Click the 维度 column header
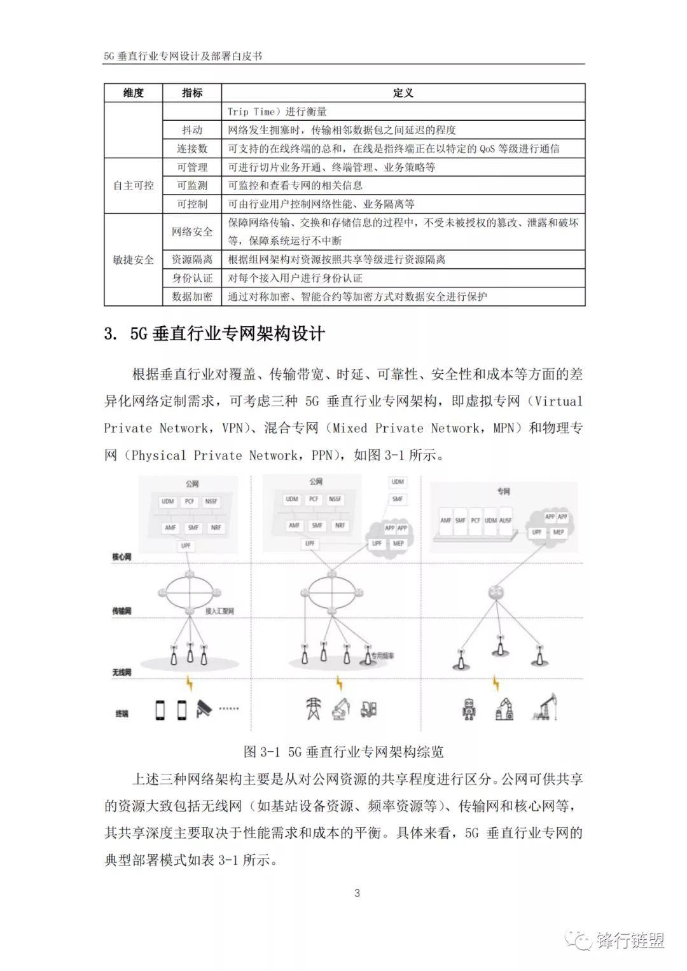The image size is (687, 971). tap(134, 93)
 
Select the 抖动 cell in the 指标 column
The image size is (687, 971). tap(192, 130)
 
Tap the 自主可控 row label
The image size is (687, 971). tap(134, 186)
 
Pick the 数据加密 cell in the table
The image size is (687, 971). tap(192, 296)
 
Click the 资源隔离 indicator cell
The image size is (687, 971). tap(192, 259)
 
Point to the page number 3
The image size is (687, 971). tap(357, 893)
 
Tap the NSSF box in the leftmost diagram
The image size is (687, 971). tap(211, 502)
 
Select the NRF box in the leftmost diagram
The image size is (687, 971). tap(216, 527)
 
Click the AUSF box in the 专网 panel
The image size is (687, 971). tap(505, 520)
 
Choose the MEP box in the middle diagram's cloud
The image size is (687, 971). tap(399, 544)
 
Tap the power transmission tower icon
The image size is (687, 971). tap(314, 708)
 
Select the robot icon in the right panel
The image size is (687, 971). tap(469, 708)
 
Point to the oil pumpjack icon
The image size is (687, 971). tap(545, 707)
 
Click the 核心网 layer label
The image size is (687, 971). tap(121, 557)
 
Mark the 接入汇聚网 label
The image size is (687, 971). tap(219, 611)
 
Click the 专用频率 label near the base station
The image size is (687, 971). tap(383, 655)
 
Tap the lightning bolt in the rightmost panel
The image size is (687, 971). tap(496, 684)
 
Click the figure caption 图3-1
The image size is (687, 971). tap(343, 752)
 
